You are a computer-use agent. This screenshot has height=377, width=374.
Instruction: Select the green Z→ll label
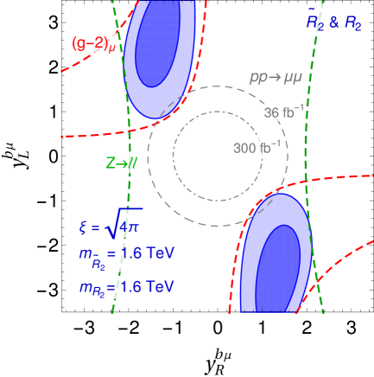click(121, 163)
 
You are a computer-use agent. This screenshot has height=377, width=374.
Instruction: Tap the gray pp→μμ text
click(276, 78)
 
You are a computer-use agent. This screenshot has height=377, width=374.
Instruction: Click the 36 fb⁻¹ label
click(283, 112)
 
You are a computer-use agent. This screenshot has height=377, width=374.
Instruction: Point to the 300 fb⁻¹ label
click(257, 148)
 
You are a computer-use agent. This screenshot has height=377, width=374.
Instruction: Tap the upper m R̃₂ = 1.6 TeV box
click(125, 256)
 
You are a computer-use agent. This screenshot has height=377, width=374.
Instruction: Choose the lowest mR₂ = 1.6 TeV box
click(125, 287)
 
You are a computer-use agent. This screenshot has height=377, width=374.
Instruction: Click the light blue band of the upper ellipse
click(136, 73)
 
